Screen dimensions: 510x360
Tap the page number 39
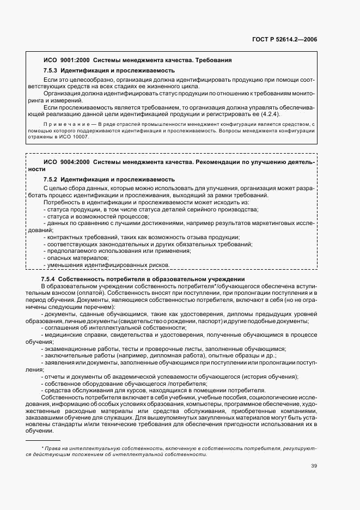[x=314, y=465]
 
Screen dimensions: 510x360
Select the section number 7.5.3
[x=51, y=71]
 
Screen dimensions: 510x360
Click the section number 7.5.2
[x=51, y=179]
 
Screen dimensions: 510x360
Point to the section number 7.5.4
[x=51, y=278]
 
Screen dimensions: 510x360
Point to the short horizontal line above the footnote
[x=43, y=440]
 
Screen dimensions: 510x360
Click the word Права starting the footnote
[x=52, y=447]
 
